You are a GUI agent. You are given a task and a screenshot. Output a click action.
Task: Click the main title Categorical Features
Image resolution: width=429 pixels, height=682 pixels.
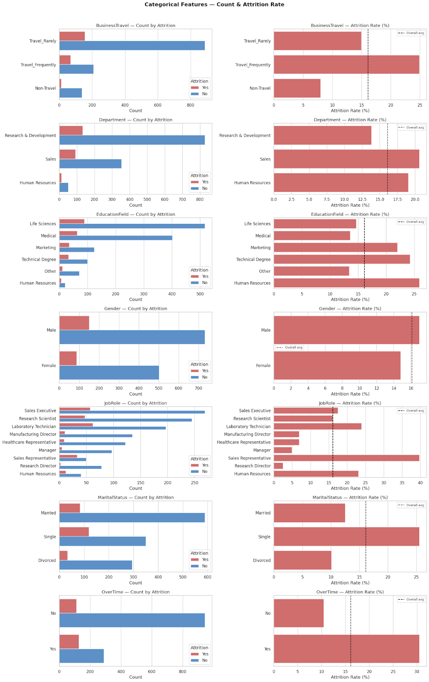214,5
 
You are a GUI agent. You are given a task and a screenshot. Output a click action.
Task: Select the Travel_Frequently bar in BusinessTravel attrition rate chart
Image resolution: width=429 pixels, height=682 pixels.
346,65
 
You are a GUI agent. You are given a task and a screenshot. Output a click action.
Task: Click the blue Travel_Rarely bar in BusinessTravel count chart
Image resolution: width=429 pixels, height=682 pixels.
132,46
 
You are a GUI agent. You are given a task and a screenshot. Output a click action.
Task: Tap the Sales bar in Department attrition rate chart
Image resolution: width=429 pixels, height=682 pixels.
346,159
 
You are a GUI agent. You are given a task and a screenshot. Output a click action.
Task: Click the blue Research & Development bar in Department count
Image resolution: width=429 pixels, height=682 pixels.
132,140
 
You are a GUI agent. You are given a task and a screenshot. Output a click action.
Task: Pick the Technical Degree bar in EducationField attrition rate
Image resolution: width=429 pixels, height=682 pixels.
342,259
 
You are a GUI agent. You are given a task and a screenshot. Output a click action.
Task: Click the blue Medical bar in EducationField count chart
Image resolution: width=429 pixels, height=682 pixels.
116,238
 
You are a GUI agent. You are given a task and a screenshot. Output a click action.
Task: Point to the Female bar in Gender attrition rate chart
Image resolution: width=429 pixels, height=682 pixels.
337,365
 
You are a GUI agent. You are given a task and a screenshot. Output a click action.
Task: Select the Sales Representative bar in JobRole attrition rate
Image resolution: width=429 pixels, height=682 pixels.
346,458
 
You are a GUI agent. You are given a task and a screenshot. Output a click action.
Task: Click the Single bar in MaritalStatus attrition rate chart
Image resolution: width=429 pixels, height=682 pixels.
346,537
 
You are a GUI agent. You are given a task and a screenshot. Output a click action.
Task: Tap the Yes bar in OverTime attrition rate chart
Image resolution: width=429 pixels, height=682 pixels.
346,649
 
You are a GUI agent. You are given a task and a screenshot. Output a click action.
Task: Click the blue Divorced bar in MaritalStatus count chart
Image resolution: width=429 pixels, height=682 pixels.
96,565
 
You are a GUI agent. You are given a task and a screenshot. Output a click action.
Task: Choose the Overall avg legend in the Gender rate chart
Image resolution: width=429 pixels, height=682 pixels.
290,347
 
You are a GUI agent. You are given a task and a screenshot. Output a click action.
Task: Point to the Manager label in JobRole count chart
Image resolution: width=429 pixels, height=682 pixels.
47,450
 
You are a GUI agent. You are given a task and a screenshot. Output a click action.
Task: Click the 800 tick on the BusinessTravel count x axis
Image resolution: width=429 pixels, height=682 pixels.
190,105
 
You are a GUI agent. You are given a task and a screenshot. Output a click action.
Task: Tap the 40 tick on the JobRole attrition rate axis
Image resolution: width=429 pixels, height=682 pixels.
420,483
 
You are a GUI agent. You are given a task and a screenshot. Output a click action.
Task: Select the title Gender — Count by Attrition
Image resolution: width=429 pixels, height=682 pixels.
135,309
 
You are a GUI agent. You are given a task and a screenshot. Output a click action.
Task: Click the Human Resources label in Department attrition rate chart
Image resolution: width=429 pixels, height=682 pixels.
252,183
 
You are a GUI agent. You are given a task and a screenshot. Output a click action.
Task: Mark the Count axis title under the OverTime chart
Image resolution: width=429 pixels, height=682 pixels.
135,677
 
